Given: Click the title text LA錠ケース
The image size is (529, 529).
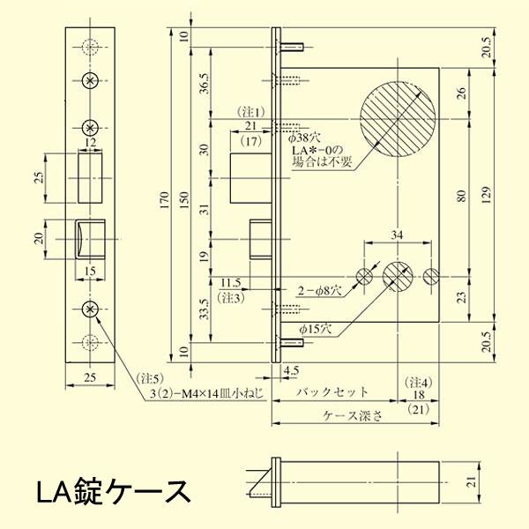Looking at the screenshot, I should pyautogui.click(x=113, y=490).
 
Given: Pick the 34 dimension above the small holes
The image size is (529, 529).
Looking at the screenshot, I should pyautogui.click(x=397, y=235).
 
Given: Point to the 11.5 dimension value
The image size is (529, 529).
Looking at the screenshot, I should pyautogui.click(x=231, y=283).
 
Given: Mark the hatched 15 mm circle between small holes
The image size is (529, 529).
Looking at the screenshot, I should pyautogui.click(x=398, y=276).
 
